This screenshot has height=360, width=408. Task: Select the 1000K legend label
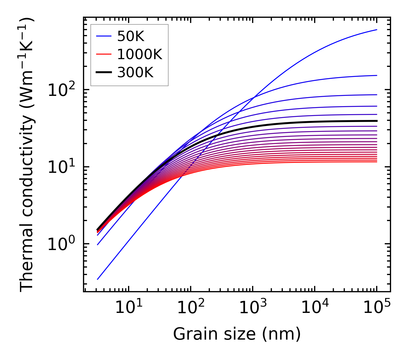pos(140,54)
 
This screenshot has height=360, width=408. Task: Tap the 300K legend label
pos(135,73)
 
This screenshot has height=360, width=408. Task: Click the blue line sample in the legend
pos(103,36)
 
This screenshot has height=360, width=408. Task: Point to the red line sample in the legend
pos(103,54)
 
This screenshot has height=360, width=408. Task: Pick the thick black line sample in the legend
pos(103,73)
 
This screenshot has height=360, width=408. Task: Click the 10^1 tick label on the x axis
pos(128,307)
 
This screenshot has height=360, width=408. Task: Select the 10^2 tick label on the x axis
pos(190,307)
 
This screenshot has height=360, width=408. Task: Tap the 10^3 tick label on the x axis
pos(252,307)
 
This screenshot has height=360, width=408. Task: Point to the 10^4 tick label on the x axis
pos(314,307)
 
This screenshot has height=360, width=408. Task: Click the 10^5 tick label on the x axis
pos(376,307)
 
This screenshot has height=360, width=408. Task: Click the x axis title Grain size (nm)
pos(237,334)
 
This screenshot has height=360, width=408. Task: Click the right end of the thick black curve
pos(376,121)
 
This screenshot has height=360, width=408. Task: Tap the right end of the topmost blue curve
pos(376,30)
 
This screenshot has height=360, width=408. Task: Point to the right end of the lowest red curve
pos(376,162)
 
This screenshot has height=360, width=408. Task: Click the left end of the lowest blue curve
pos(98,279)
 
